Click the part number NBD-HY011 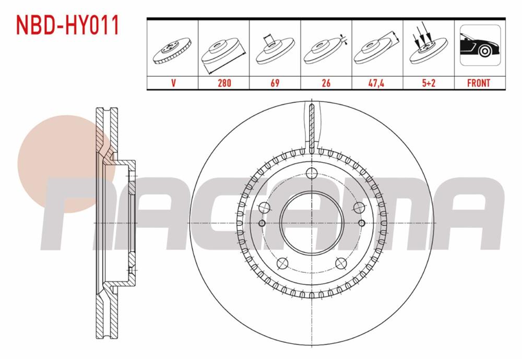pos(68,25)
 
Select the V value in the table pos(172,83)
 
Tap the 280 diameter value pos(223,83)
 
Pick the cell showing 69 pos(275,83)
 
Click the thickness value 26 pos(326,83)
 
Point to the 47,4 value pos(377,83)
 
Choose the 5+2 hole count pos(428,83)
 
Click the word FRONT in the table pos(479,83)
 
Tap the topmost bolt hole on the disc pos(312,174)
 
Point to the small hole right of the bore pos(361,223)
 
